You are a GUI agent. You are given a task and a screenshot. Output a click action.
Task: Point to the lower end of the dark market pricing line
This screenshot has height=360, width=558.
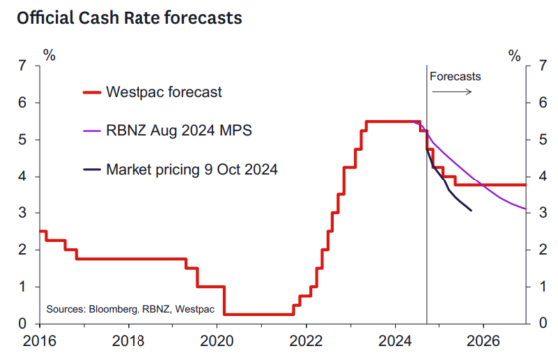click(x=471, y=210)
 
